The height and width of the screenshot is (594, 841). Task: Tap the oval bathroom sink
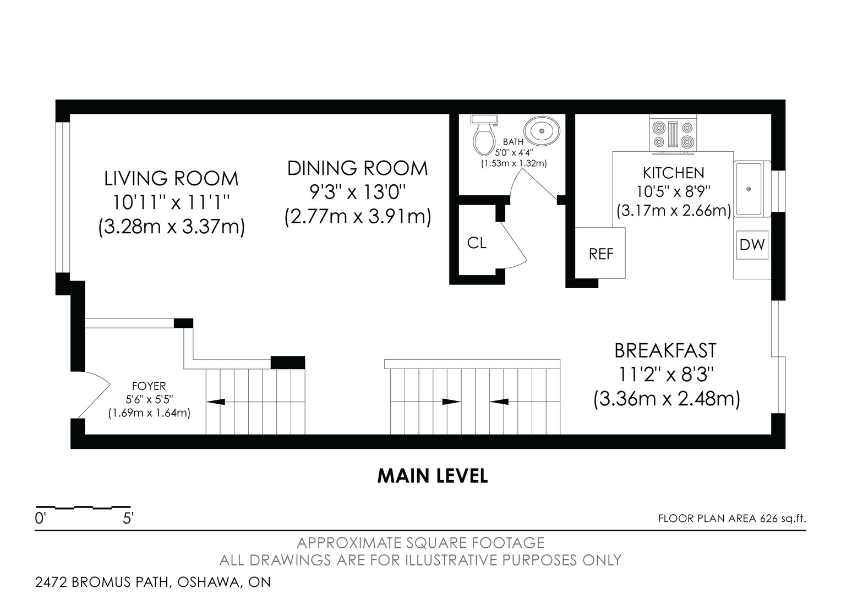[542, 131]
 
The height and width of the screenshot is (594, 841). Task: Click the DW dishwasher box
[752, 245]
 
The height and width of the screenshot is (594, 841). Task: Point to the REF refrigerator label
[601, 254]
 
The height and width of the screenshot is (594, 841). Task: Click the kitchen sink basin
[748, 189]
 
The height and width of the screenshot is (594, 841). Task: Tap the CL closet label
[477, 243]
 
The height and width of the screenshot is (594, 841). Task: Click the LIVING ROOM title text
[171, 178]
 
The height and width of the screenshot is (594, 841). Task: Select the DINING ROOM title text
[357, 168]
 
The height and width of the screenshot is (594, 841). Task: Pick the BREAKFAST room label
[665, 350]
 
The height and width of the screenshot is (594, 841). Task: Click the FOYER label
[149, 386]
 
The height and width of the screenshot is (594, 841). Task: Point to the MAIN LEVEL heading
[433, 476]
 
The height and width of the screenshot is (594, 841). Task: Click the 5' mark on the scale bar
[128, 519]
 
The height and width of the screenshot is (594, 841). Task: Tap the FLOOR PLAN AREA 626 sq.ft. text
[732, 519]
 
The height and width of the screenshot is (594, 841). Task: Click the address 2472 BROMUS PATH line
[153, 582]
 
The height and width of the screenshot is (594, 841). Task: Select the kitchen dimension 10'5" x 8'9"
[674, 192]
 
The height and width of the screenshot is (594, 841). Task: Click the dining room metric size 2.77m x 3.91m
[357, 217]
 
